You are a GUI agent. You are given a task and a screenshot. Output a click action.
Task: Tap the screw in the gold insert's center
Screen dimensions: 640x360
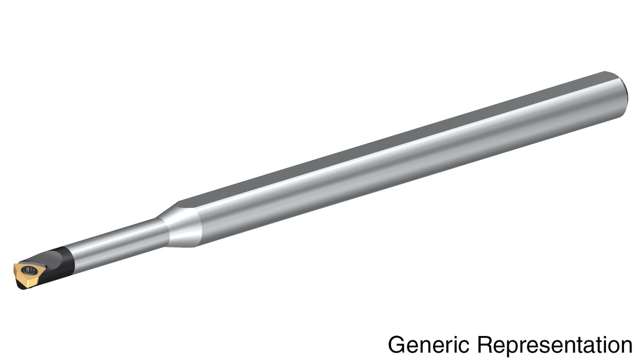29,269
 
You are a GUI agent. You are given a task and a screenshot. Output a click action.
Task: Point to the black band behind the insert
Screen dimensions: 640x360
65,261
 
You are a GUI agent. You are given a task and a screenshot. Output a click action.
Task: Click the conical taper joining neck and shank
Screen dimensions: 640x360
180,226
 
